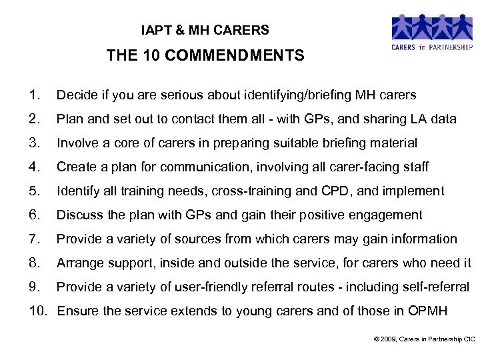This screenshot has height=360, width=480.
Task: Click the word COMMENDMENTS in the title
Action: click(x=234, y=56)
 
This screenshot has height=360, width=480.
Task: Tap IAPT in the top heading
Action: click(x=155, y=30)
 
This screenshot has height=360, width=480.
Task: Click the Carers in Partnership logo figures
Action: click(x=431, y=27)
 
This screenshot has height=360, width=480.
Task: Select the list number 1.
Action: click(x=35, y=95)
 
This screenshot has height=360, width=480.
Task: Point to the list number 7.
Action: click(x=35, y=239)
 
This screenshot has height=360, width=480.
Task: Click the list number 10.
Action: click(x=39, y=311)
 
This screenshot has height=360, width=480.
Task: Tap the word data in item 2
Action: click(x=443, y=119)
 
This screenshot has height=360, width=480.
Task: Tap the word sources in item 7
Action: click(x=194, y=239)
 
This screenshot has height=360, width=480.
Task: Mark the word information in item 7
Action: click(x=423, y=239)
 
